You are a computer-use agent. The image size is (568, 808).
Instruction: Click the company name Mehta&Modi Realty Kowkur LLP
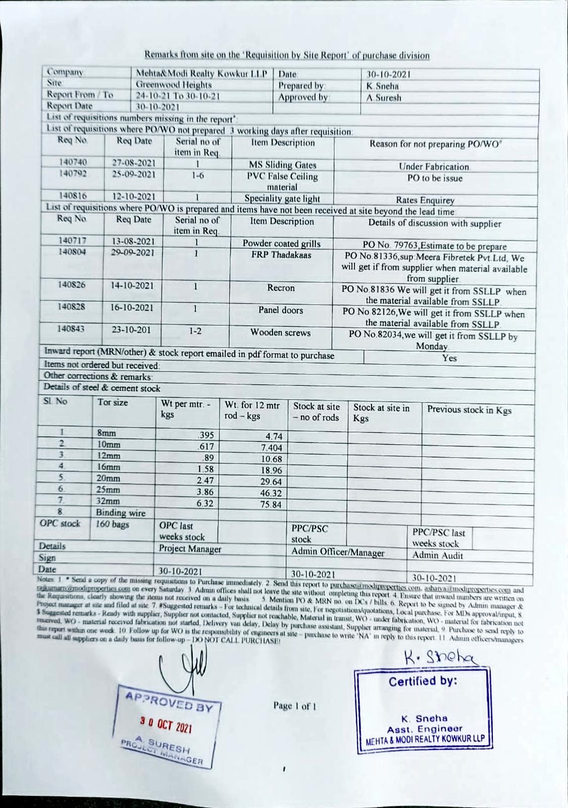(201, 74)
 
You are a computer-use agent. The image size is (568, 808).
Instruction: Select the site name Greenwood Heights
(174, 85)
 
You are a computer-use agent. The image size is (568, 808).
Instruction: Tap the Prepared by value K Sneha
(382, 86)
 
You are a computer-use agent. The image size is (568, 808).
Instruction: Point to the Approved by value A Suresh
(384, 97)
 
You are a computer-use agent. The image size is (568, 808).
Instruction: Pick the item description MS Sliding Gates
(282, 165)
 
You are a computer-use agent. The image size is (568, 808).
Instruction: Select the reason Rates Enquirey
(425, 200)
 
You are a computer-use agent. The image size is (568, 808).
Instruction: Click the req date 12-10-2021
(133, 196)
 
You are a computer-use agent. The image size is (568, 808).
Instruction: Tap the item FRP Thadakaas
(281, 255)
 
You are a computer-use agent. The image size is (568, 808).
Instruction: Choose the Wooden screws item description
(280, 332)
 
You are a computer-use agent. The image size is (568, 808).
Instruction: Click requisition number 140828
(71, 307)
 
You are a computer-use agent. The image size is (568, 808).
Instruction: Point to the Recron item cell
(281, 288)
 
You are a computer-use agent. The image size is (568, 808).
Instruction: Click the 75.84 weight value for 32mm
(271, 504)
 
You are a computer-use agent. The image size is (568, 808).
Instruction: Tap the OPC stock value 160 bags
(113, 524)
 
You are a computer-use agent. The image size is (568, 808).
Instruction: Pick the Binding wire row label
(121, 513)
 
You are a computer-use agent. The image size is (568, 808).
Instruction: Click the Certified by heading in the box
(423, 681)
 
